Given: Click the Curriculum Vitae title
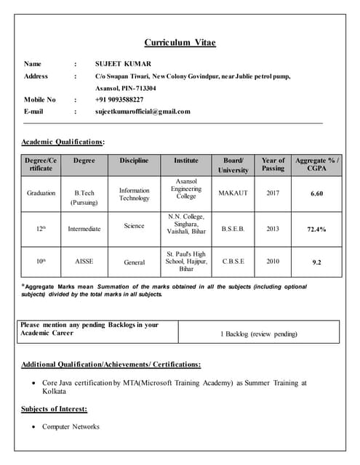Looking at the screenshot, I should [180, 42].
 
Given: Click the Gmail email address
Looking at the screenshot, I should [143, 111].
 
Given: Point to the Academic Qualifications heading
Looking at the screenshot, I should [63, 141].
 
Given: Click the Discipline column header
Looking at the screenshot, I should [134, 160].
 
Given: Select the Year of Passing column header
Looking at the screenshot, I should [273, 164].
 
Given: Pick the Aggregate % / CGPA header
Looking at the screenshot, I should [316, 164].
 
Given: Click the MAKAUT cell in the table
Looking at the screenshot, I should [233, 193].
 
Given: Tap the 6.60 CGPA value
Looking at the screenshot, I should [316, 194].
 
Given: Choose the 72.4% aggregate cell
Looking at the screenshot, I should [316, 229].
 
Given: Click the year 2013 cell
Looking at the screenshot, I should [273, 228].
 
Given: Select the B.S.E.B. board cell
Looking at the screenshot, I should [233, 228].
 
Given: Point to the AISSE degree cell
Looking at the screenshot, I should [84, 261].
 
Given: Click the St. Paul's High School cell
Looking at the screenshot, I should [186, 261].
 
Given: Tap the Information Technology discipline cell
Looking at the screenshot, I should [134, 194].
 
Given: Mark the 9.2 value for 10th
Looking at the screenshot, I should [316, 261].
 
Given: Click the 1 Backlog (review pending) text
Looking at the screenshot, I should [259, 334].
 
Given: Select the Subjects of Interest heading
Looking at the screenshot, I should [54, 408].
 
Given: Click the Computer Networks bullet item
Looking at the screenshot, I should [71, 426].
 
